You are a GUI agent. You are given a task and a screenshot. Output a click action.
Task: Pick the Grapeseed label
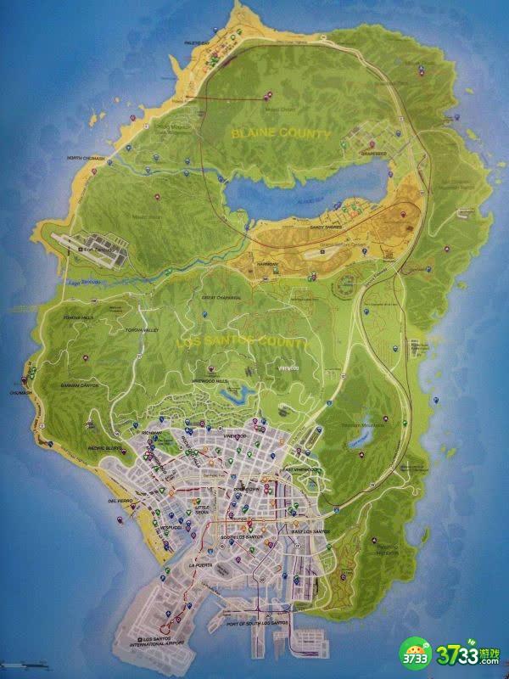[372, 154]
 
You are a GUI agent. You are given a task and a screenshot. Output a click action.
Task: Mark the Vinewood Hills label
[212, 382]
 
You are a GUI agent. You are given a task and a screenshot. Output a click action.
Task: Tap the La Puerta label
[200, 564]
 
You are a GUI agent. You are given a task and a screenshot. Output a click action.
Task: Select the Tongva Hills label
[79, 317]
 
